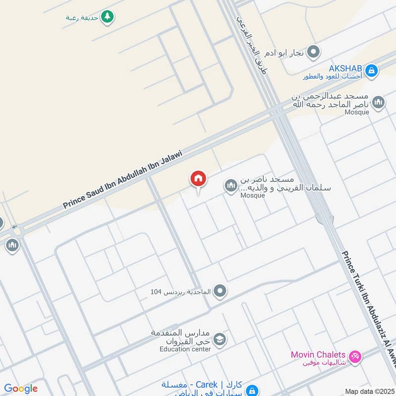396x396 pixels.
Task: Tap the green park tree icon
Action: [x=107, y=17]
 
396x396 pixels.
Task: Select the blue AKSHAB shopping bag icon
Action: [x=372, y=71]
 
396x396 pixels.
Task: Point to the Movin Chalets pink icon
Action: [x=354, y=356]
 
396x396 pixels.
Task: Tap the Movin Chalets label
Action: [x=318, y=354]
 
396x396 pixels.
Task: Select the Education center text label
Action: [x=185, y=349]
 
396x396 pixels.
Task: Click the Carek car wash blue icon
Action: [x=252, y=390]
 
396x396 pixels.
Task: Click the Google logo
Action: [x=21, y=389]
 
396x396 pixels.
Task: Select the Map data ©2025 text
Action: [x=369, y=391]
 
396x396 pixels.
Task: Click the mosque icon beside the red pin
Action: [x=231, y=186]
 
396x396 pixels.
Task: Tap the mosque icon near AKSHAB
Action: [x=378, y=103]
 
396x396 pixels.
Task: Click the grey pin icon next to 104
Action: [x=220, y=292]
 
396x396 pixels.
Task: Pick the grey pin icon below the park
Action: [x=313, y=51]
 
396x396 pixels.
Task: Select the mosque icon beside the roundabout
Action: [x=12, y=245]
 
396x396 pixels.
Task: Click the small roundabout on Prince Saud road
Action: [x=18, y=231]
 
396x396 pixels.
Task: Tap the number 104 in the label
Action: [x=156, y=292]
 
